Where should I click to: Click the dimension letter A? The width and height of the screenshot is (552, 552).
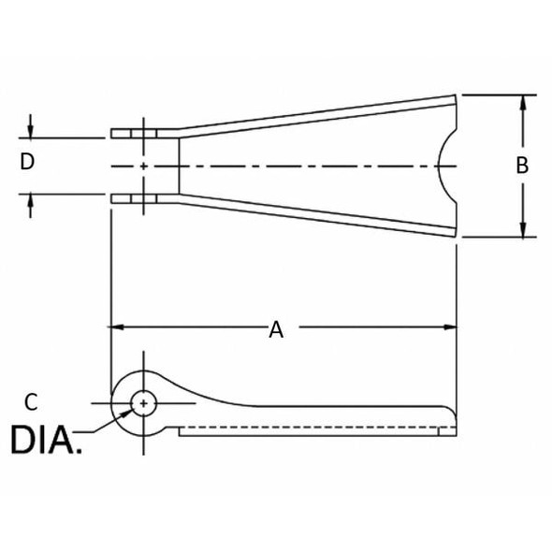point(276,330)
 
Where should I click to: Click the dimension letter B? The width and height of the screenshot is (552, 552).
point(522,165)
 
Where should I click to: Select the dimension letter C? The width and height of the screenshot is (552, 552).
point(31,402)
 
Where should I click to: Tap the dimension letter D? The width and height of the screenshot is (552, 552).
point(27,162)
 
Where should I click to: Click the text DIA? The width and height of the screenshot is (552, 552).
point(46,440)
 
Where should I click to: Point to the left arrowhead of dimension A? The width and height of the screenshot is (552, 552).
point(116,327)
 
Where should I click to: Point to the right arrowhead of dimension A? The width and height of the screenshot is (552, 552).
point(450,327)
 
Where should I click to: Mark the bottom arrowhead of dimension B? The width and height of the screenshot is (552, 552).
point(523,229)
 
